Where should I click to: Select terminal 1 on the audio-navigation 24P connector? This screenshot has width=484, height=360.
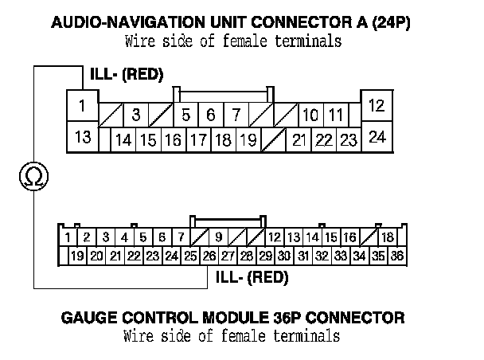[x=82, y=104]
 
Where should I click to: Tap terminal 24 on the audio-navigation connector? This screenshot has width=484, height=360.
[x=377, y=136]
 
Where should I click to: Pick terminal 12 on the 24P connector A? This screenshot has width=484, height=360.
[x=377, y=104]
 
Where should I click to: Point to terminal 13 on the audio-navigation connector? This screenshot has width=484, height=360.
[x=82, y=136]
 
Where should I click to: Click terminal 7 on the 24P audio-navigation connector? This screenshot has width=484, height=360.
[x=236, y=115]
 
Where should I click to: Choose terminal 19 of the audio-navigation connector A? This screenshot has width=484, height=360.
[x=247, y=141]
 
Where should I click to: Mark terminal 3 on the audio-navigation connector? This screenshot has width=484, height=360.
[x=136, y=115]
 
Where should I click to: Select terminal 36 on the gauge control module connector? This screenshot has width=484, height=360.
[x=397, y=256]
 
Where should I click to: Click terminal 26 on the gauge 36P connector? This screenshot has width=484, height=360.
[x=209, y=256]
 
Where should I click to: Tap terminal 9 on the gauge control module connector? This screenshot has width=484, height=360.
[x=218, y=237]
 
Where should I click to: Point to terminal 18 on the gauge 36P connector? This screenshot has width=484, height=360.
[x=388, y=237]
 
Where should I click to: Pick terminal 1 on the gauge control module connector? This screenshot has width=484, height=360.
[x=68, y=237]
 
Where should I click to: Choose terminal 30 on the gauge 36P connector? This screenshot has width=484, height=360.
[x=284, y=256]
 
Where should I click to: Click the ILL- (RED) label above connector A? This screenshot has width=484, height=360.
[x=127, y=75]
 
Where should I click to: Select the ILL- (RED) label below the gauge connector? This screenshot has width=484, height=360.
[x=252, y=278]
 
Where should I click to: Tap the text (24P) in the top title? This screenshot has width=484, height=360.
[x=393, y=22]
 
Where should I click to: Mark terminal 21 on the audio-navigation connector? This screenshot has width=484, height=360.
[x=299, y=141]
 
